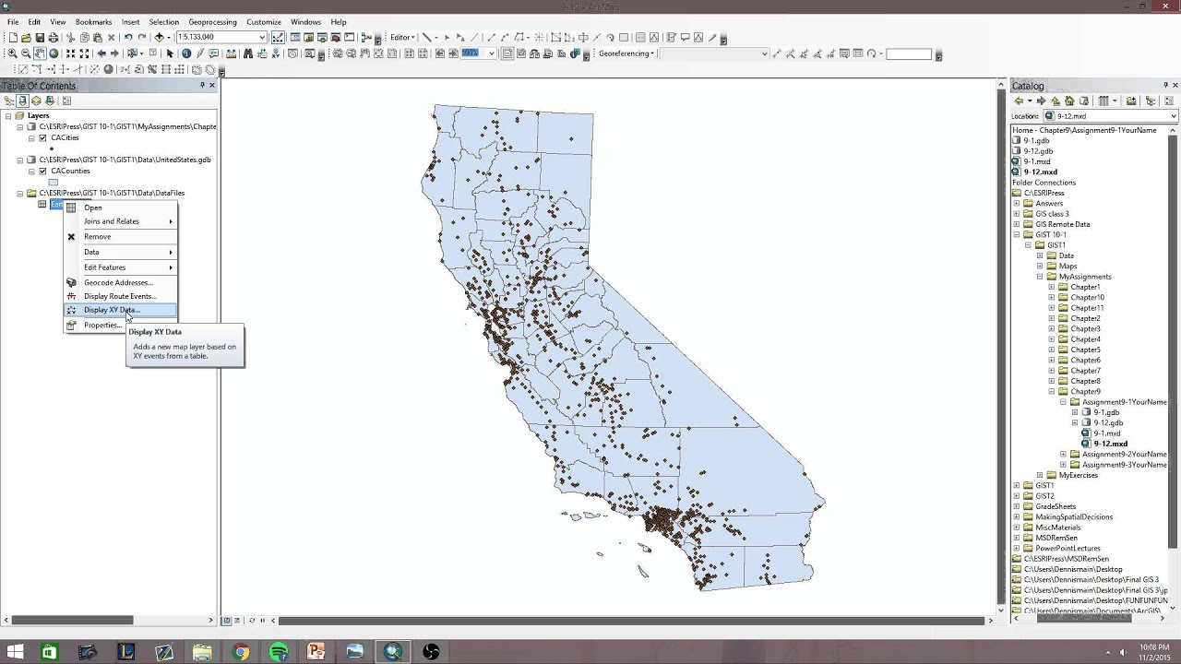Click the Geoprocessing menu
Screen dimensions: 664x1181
211,22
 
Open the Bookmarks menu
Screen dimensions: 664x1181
93,22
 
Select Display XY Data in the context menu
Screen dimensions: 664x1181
112,310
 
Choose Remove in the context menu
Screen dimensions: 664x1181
97,237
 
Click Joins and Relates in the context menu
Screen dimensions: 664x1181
112,221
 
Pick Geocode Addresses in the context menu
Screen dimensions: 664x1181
118,282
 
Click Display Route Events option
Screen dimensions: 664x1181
120,296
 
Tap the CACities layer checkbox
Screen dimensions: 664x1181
42,138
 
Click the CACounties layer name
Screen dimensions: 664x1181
70,172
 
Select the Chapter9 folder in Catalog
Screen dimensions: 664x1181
1085,392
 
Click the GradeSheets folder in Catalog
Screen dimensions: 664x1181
1056,506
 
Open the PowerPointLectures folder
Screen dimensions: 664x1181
1068,549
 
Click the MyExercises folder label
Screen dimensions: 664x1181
1078,475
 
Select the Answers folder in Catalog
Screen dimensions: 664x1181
1049,204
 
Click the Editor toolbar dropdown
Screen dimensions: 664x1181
401,38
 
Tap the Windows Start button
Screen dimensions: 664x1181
15,652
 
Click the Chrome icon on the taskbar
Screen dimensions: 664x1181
241,652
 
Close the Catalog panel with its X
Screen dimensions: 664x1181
1175,86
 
